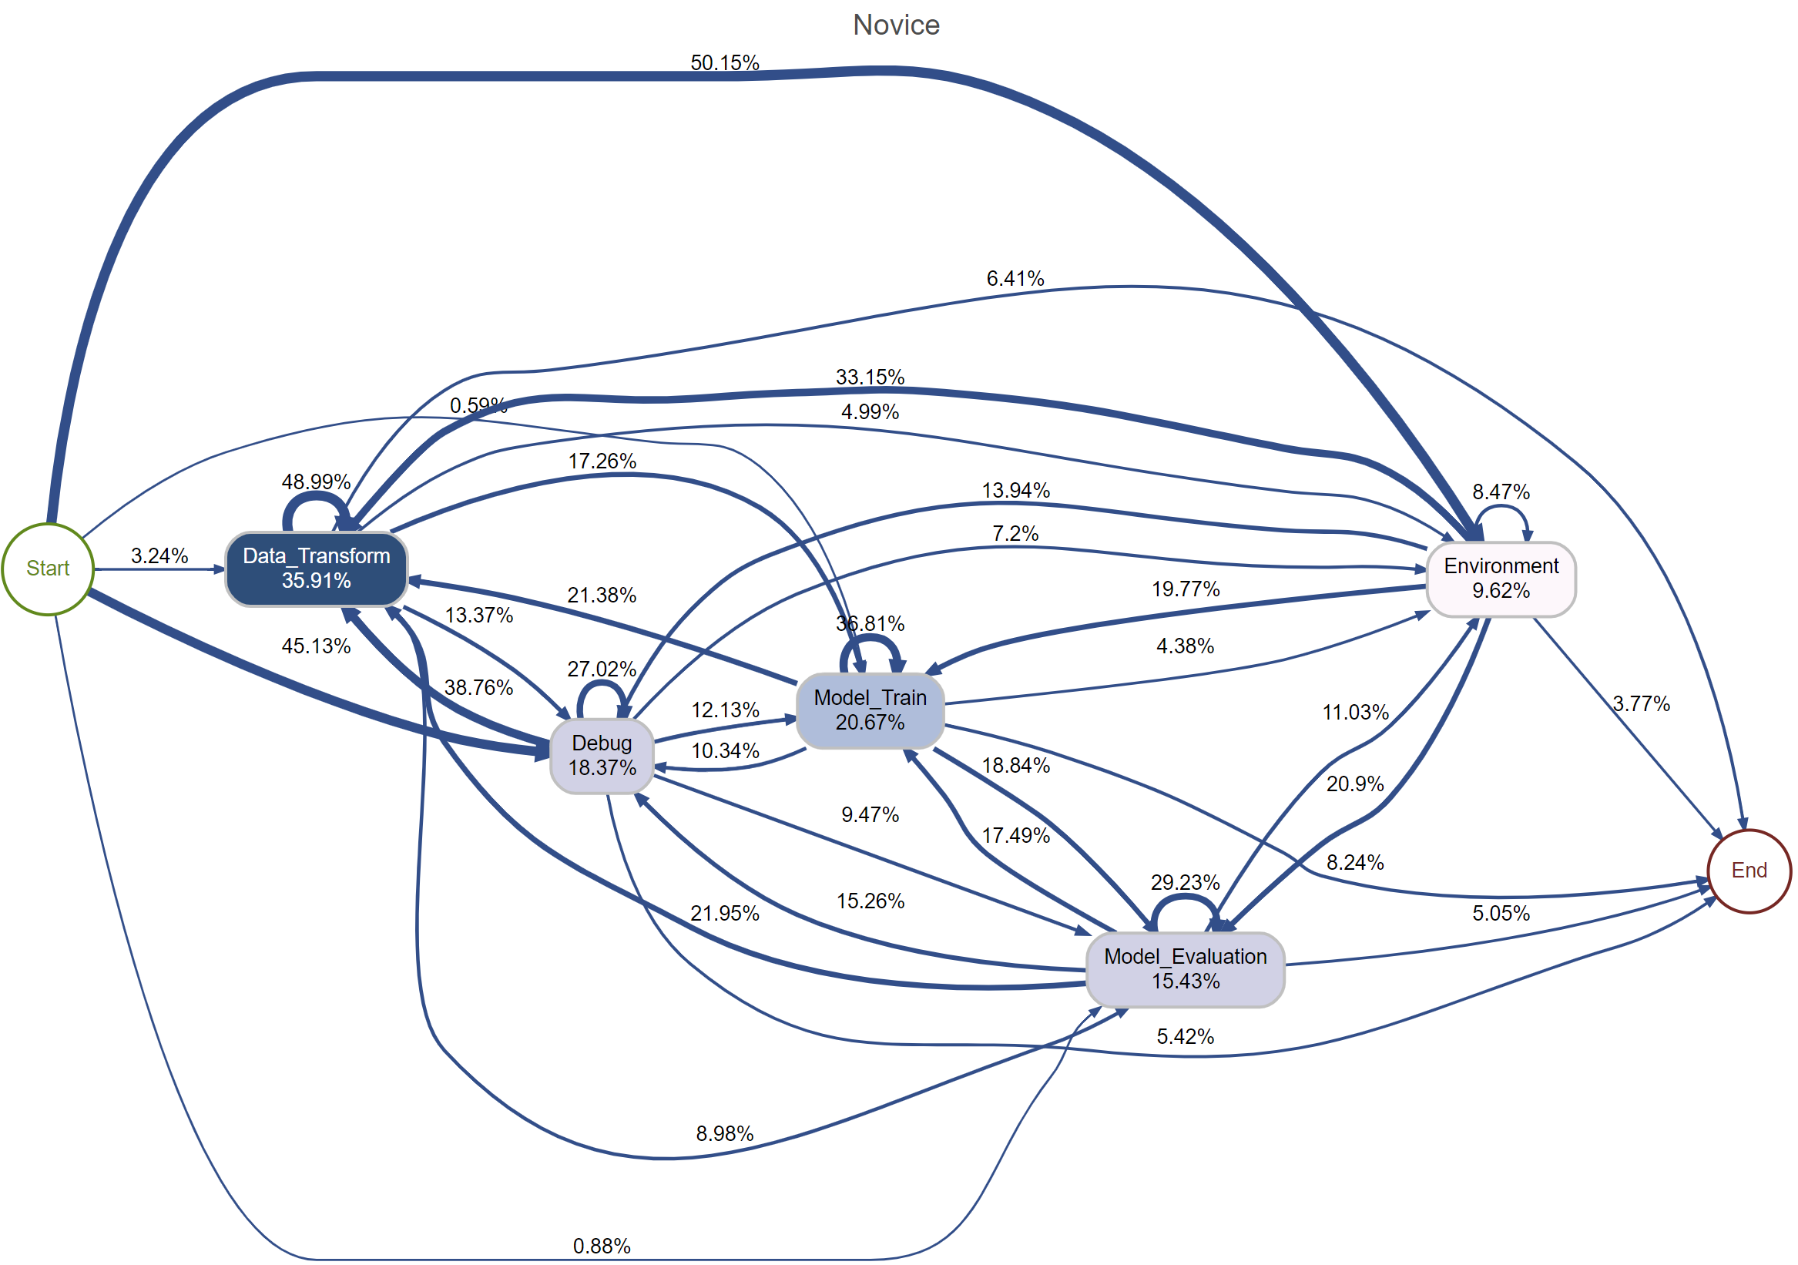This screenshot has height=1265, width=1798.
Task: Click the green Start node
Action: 48,569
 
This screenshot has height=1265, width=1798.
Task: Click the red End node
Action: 1748,871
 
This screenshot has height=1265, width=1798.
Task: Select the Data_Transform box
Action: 317,569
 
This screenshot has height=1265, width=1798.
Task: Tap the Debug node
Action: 602,756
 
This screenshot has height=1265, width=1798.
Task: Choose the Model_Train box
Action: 870,710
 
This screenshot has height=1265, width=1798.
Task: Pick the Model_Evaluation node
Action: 1185,969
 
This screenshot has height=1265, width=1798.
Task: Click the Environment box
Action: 1501,579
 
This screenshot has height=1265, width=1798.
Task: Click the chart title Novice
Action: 896,25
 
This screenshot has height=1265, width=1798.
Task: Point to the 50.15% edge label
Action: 724,62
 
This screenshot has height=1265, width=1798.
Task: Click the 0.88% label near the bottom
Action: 602,1247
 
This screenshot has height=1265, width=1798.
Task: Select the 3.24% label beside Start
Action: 159,556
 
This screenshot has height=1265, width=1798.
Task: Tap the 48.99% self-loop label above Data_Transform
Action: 316,482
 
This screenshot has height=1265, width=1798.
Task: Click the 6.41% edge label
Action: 1015,279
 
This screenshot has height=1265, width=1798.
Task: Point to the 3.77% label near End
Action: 1641,704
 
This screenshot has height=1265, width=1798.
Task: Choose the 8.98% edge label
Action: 724,1134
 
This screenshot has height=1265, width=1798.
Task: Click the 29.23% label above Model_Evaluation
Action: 1185,883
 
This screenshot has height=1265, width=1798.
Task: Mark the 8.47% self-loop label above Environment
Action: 1501,492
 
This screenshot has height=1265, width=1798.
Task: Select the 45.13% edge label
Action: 316,646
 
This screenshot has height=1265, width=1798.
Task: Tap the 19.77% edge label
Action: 1185,589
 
